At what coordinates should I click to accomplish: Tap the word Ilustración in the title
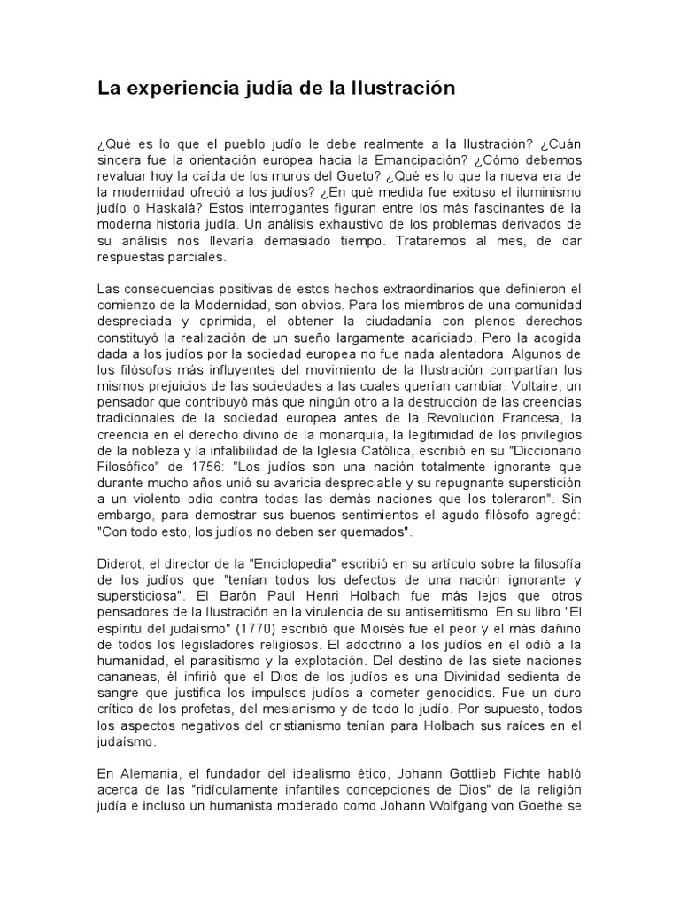[x=404, y=89]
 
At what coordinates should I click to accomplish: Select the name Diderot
[x=120, y=563]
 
